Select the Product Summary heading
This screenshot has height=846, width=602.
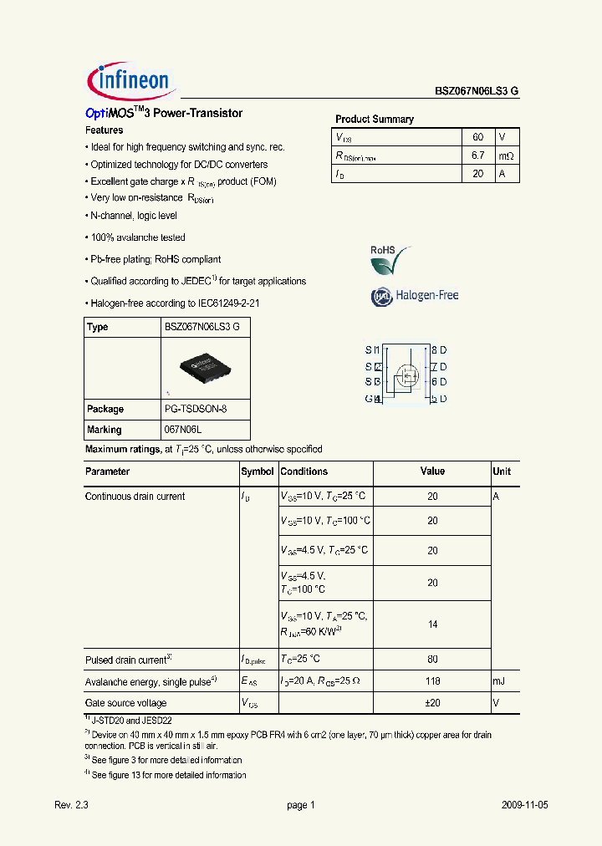375,120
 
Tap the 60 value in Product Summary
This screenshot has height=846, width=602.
478,137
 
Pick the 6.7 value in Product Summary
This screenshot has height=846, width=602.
478,155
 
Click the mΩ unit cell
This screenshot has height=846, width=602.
507,155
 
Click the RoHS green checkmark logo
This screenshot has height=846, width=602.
390,260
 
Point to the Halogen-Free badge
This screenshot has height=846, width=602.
415,296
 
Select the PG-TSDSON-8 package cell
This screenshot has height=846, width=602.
195,410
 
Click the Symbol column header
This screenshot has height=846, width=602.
258,471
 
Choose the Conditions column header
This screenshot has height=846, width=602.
304,471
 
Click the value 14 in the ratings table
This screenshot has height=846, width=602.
432,624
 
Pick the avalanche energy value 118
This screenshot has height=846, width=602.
432,681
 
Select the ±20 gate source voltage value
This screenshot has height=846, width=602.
432,703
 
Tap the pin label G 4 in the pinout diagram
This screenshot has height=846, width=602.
373,399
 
